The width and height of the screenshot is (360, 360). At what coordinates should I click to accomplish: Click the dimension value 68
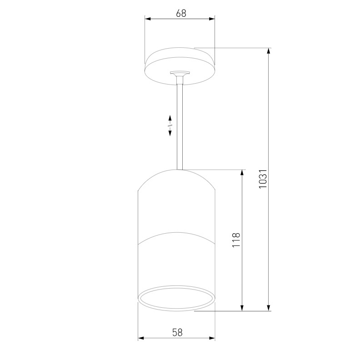pyautogui.click(x=181, y=13)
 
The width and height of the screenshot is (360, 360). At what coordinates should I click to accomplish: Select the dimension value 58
pyautogui.click(x=177, y=332)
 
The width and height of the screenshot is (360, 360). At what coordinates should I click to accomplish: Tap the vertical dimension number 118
pyautogui.click(x=235, y=240)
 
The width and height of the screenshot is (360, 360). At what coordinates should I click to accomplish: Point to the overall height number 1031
pyautogui.click(x=262, y=180)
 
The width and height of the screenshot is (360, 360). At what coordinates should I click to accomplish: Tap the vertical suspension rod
pyautogui.click(x=180, y=127)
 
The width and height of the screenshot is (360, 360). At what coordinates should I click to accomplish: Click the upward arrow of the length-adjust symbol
pyautogui.click(x=170, y=118)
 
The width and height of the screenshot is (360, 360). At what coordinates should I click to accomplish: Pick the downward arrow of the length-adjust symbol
pyautogui.click(x=170, y=132)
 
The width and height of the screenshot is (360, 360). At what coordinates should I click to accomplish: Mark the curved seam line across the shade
pyautogui.click(x=176, y=235)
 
